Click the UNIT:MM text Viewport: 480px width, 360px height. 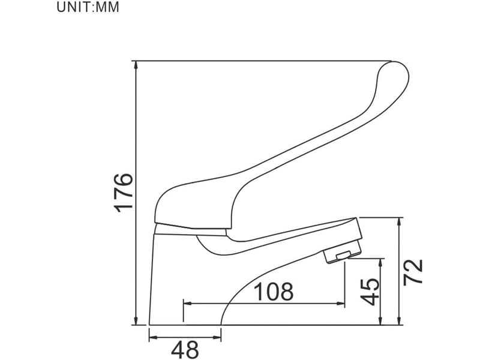[88, 7]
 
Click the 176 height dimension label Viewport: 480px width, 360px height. [124, 193]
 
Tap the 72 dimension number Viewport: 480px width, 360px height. [413, 272]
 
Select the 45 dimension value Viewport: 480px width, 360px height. [370, 292]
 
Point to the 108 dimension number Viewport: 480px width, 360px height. [274, 292]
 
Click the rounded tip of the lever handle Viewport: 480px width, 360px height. [397, 73]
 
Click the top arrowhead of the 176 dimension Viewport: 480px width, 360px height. [136, 65]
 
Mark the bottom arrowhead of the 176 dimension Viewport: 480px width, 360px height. [136, 320]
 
